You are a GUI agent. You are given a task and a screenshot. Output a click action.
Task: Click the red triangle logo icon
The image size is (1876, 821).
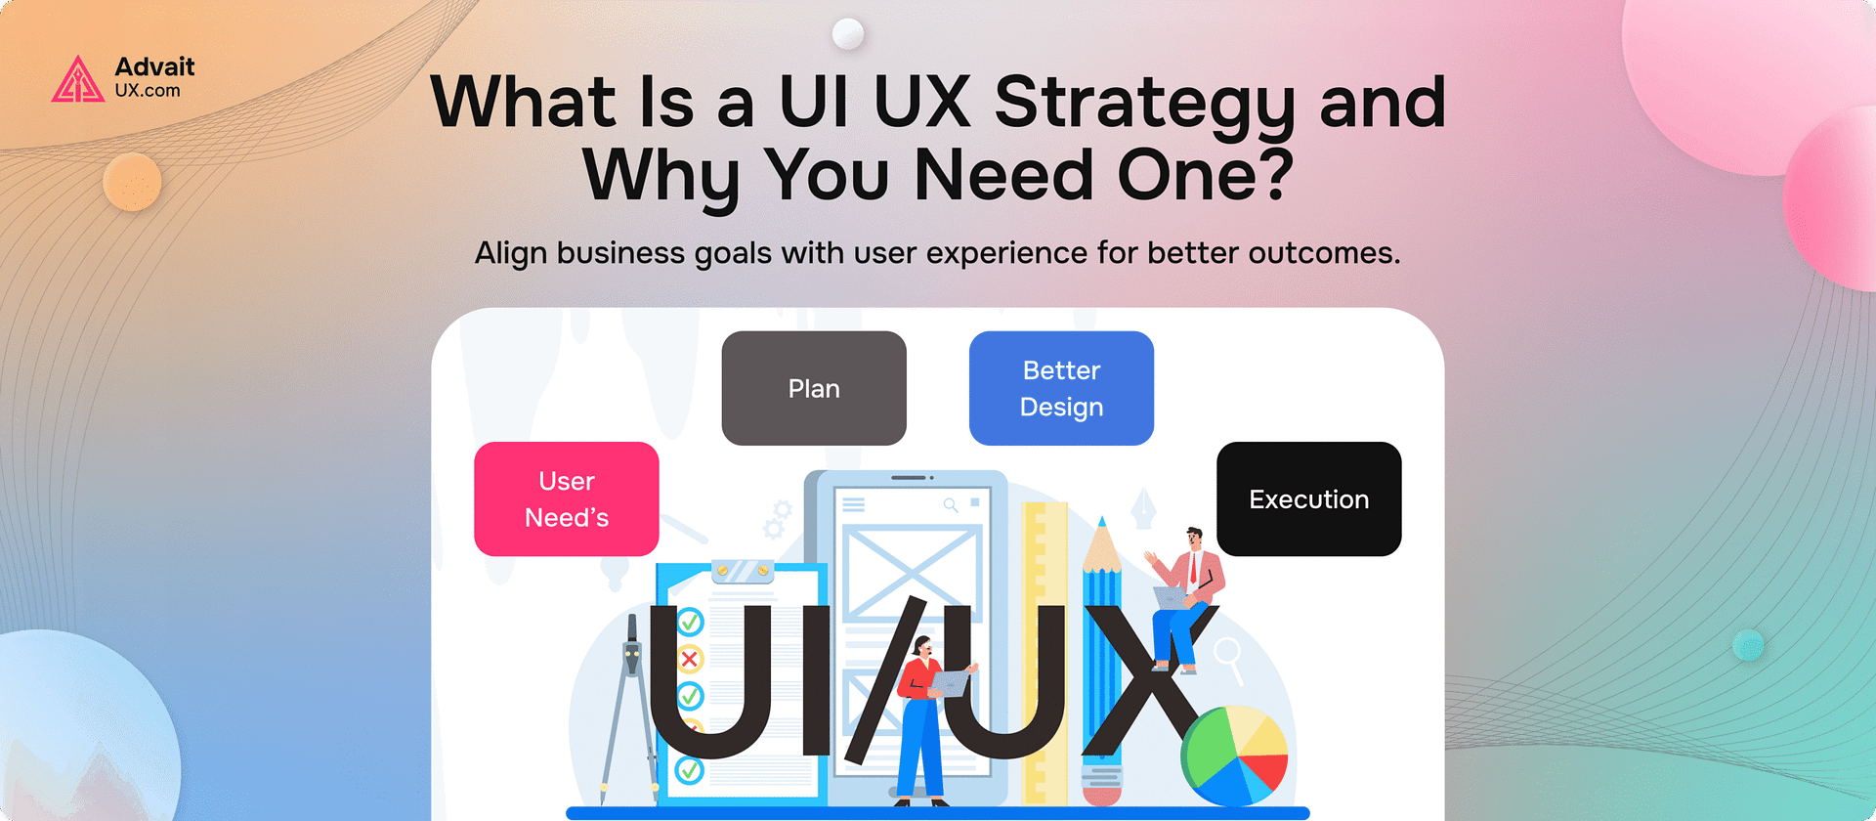click(x=77, y=80)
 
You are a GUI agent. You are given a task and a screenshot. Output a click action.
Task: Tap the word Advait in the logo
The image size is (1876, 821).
click(x=154, y=67)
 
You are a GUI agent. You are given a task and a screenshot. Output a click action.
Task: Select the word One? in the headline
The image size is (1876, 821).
click(x=1205, y=176)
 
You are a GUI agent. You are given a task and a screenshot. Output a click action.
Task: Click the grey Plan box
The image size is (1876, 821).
click(x=814, y=388)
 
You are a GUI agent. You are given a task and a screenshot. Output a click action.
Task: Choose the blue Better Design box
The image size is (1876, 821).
click(x=1061, y=388)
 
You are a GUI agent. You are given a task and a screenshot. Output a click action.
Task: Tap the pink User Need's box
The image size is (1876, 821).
click(x=567, y=498)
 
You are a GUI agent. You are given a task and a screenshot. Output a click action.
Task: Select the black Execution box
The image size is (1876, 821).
click(x=1308, y=498)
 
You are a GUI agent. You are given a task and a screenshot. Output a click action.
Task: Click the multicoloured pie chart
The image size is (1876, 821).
click(x=1235, y=755)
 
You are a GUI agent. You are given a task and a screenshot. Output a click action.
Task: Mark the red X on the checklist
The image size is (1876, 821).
click(x=690, y=659)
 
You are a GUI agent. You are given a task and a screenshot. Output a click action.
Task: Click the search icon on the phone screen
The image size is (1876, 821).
click(x=950, y=505)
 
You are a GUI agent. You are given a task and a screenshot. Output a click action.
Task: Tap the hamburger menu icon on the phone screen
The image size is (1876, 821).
click(x=854, y=505)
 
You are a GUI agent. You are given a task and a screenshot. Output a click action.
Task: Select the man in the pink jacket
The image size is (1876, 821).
click(x=1186, y=596)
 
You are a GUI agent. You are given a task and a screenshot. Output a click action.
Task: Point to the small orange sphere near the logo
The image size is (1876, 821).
click(x=132, y=182)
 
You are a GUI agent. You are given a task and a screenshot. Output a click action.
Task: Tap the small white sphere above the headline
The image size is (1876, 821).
click(x=848, y=34)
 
